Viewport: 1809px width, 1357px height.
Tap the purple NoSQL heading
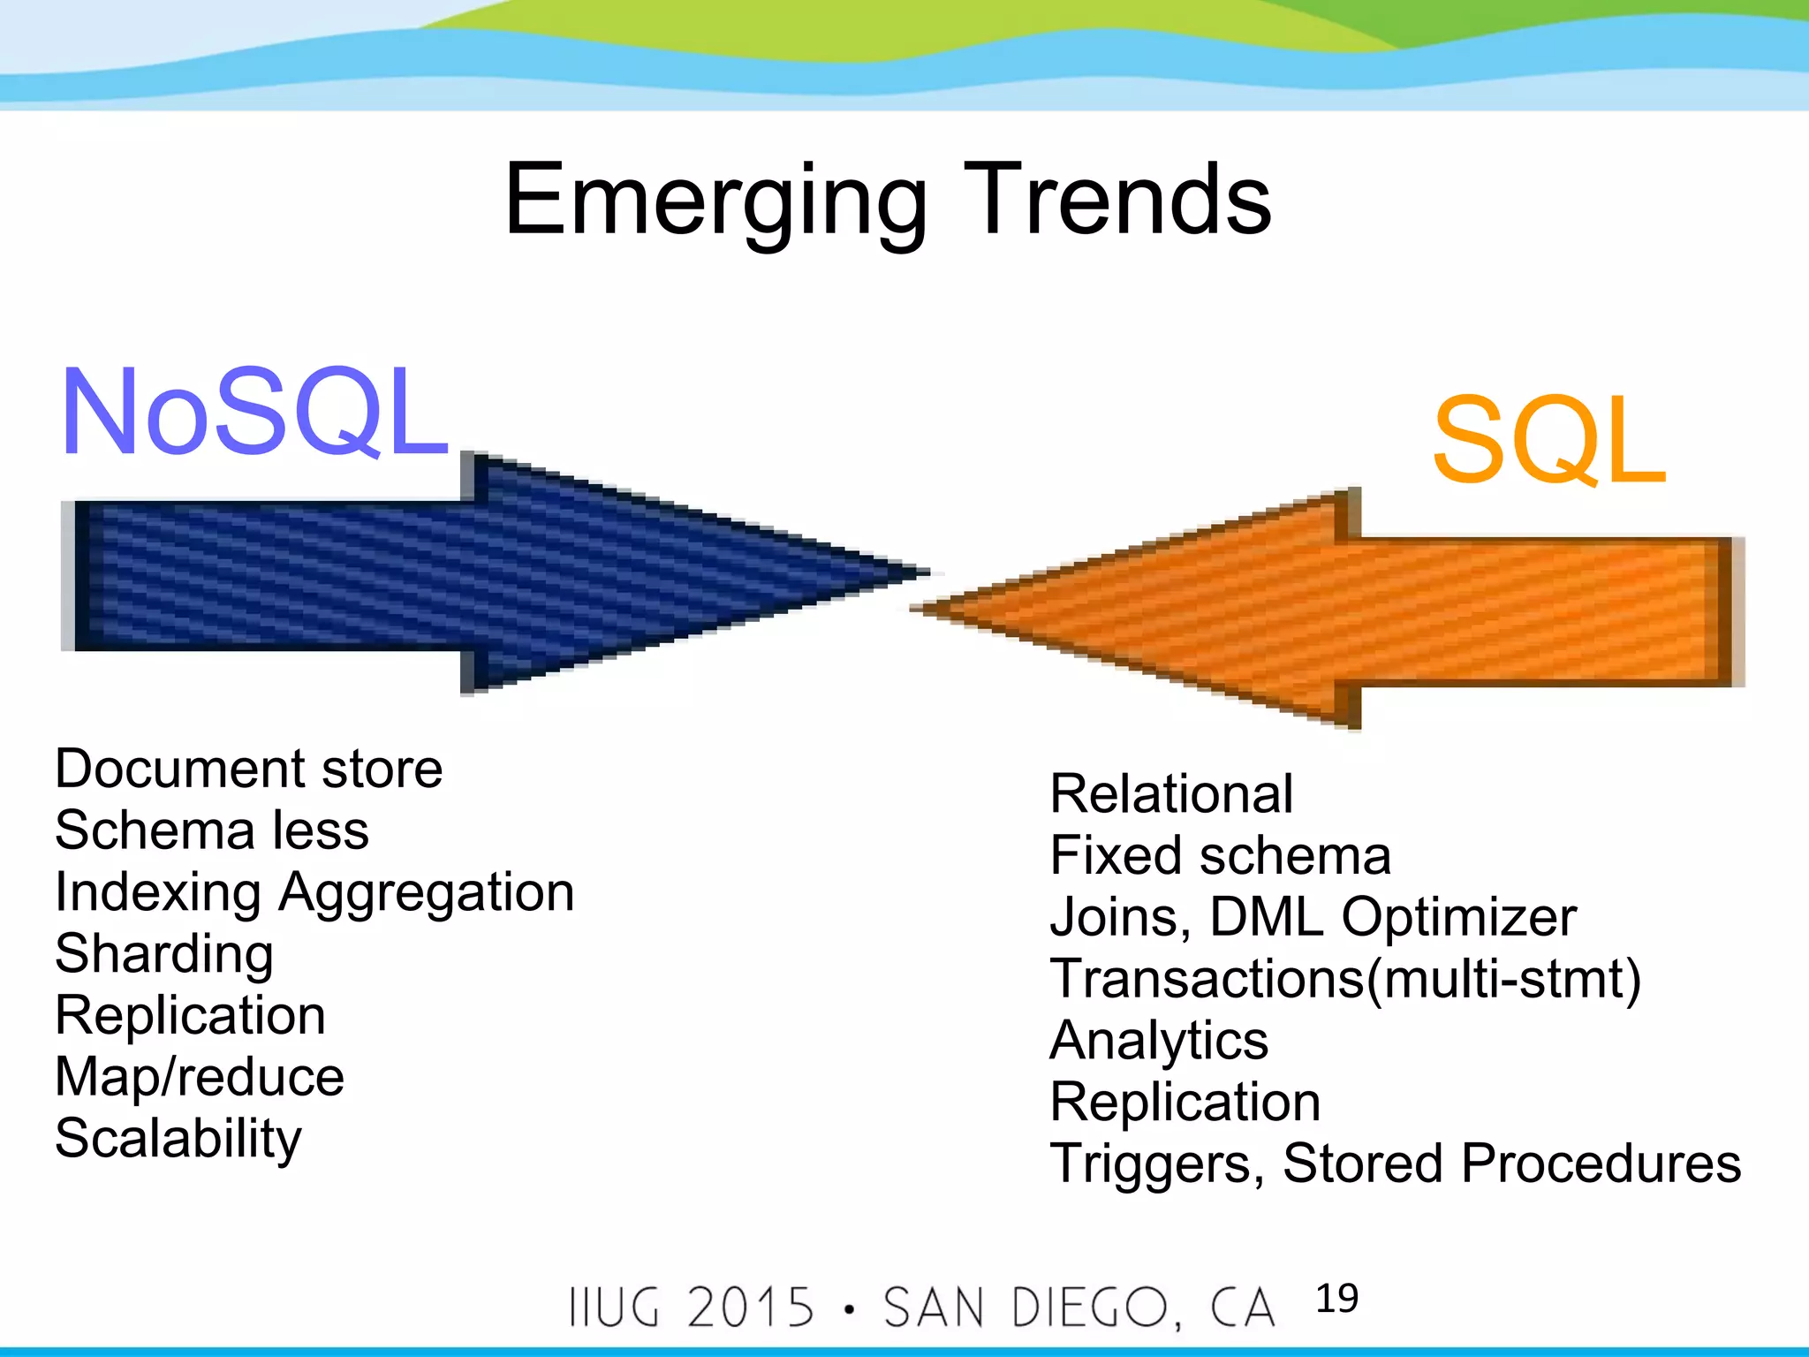pyautogui.click(x=254, y=413)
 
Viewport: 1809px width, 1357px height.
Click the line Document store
pyautogui.click(x=248, y=769)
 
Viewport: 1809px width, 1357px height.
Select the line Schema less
pyautogui.click(x=212, y=830)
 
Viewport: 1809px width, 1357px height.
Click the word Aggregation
pyautogui.click(x=427, y=892)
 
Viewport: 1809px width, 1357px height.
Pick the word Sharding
pyautogui.click(x=164, y=954)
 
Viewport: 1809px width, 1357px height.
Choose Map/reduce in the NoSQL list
pyautogui.click(x=200, y=1077)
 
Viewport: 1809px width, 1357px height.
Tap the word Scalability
pyautogui.click(x=178, y=1138)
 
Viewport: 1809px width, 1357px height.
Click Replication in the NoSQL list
pyautogui.click(x=190, y=1015)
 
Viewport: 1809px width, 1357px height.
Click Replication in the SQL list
pyautogui.click(x=1185, y=1102)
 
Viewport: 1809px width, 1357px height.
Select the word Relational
pyautogui.click(x=1171, y=793)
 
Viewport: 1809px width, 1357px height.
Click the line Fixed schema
pyautogui.click(x=1220, y=855)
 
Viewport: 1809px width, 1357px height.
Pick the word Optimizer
pyautogui.click(x=1458, y=917)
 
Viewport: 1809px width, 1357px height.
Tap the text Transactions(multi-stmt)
pyautogui.click(x=1344, y=979)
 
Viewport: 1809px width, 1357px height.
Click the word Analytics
pyautogui.click(x=1159, y=1041)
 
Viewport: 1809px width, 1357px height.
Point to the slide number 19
pyautogui.click(x=1336, y=1299)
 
